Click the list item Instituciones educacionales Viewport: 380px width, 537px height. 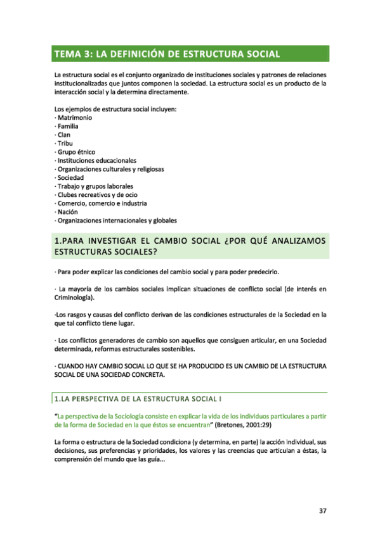coord(96,161)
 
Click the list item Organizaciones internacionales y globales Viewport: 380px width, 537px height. coord(117,220)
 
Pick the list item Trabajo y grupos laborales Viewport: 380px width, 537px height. coord(95,186)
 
